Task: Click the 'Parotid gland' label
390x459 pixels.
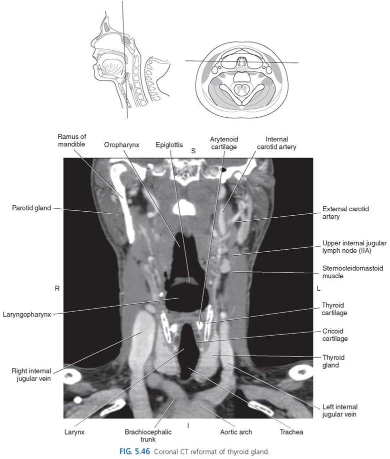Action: tap(31, 208)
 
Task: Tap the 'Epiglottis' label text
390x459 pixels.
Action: tap(169, 145)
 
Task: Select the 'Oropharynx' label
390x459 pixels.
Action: tap(121, 145)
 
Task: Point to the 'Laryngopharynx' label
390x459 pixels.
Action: tap(27, 315)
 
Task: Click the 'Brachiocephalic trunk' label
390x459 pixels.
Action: tap(148, 436)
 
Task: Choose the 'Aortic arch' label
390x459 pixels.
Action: tap(236, 432)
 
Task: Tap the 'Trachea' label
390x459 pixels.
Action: tap(291, 432)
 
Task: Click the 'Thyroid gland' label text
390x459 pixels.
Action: tap(333, 361)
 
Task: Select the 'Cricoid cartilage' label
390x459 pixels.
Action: tap(335, 335)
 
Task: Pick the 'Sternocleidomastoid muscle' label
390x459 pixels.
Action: tap(352, 272)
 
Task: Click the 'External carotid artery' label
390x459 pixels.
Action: tap(345, 213)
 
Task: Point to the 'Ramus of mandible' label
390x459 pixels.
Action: tap(72, 140)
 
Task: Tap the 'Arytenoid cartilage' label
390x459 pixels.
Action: tap(224, 143)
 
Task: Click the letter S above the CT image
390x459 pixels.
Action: tap(193, 151)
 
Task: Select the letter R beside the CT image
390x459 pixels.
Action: tap(57, 288)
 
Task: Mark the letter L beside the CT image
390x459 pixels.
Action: tap(318, 288)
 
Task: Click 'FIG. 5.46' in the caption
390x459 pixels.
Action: tap(135, 451)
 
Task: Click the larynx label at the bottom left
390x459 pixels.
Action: tap(74, 432)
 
